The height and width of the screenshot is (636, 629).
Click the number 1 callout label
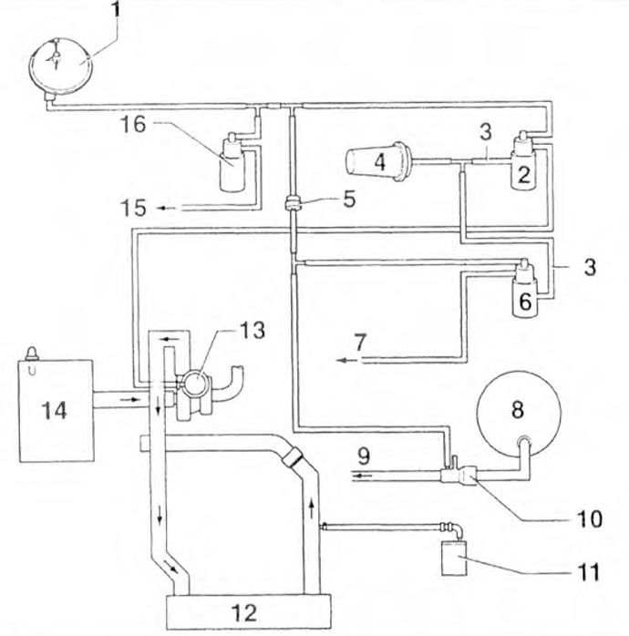coord(116,9)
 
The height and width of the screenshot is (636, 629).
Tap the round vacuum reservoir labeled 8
coord(518,410)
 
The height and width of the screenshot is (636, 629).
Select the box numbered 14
coord(57,410)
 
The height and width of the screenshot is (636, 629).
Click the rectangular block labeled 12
coord(249,611)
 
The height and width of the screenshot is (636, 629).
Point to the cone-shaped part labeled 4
coord(380,162)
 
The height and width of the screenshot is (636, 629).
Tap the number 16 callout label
coord(133,124)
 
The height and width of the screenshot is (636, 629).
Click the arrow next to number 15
coord(166,208)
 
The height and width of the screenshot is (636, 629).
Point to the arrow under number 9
coord(361,475)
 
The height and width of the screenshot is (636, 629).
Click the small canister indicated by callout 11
coord(454,559)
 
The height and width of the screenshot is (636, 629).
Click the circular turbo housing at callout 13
coord(196,382)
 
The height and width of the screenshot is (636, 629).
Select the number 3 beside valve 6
coord(590,268)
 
